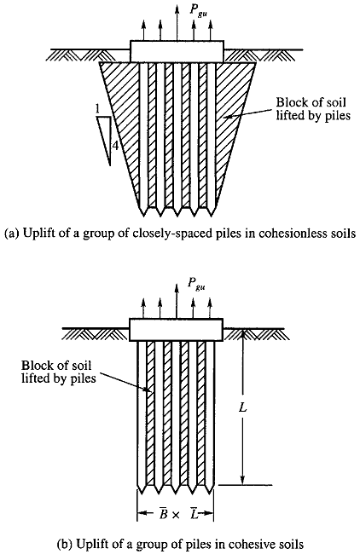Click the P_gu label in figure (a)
[x=197, y=11]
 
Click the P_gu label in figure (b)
[x=196, y=284]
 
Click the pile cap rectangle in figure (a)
[x=177, y=51]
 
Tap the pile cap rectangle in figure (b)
[x=177, y=329]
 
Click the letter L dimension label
[x=243, y=407]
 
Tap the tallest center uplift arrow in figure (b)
[x=176, y=300]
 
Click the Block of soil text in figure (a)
[x=311, y=102]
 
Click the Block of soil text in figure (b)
[x=56, y=366]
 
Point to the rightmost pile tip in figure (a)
[x=212, y=216]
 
